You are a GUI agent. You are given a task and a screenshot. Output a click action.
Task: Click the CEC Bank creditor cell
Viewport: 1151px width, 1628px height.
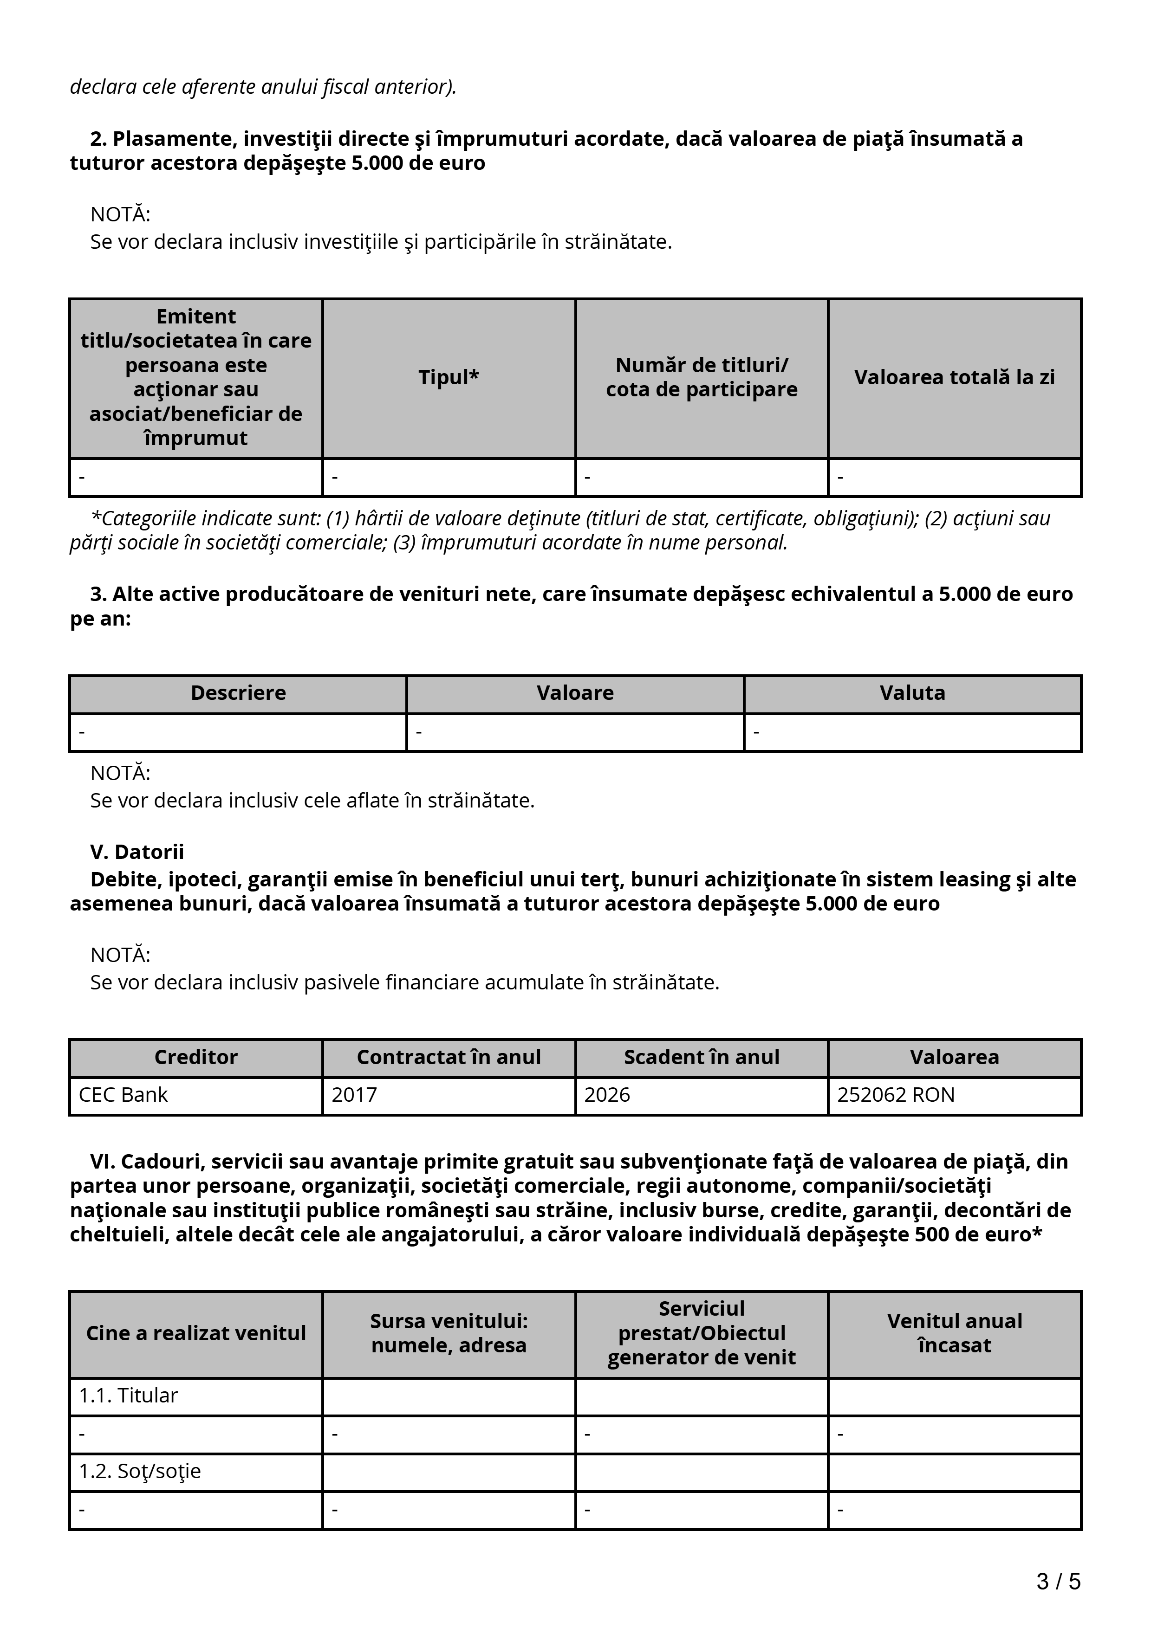pyautogui.click(x=124, y=1095)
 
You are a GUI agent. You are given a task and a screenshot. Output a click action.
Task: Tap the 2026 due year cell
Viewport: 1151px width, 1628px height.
pyautogui.click(x=607, y=1095)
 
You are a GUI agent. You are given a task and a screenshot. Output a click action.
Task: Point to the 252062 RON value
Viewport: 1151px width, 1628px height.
pyautogui.click(x=896, y=1095)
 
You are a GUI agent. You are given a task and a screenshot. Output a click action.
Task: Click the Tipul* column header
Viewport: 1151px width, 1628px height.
pyautogui.click(x=448, y=377)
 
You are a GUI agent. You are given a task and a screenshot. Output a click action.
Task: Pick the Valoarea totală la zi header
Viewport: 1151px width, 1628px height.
pyautogui.click(x=954, y=377)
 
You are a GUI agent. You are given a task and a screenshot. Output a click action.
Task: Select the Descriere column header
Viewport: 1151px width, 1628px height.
pyautogui.click(x=238, y=693)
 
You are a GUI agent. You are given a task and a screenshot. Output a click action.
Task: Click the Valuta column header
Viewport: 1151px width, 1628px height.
pyautogui.click(x=912, y=693)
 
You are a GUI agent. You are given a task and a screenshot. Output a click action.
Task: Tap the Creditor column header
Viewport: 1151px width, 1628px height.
pyautogui.click(x=196, y=1057)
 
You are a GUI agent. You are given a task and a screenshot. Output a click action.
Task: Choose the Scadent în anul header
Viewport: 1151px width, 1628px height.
pyautogui.click(x=702, y=1057)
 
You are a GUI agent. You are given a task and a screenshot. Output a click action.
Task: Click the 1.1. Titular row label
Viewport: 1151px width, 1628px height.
pyautogui.click(x=128, y=1395)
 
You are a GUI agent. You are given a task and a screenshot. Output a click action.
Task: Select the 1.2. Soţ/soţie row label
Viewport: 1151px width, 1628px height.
pyautogui.click(x=140, y=1471)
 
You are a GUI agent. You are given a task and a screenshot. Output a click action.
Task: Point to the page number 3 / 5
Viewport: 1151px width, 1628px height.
pyautogui.click(x=1058, y=1581)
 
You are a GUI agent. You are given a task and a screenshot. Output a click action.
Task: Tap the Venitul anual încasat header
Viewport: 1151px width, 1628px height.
pyautogui.click(x=954, y=1333)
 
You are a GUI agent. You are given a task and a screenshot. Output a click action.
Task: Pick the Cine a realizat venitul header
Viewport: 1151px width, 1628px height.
pyautogui.click(x=196, y=1333)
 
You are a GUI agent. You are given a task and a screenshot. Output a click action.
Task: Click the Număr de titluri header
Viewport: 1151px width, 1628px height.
pyautogui.click(x=702, y=377)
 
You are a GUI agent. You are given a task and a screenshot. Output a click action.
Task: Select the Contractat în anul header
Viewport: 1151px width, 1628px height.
pyautogui.click(x=448, y=1057)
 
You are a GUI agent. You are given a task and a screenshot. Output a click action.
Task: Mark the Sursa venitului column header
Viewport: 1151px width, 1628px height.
pyautogui.click(x=448, y=1333)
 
